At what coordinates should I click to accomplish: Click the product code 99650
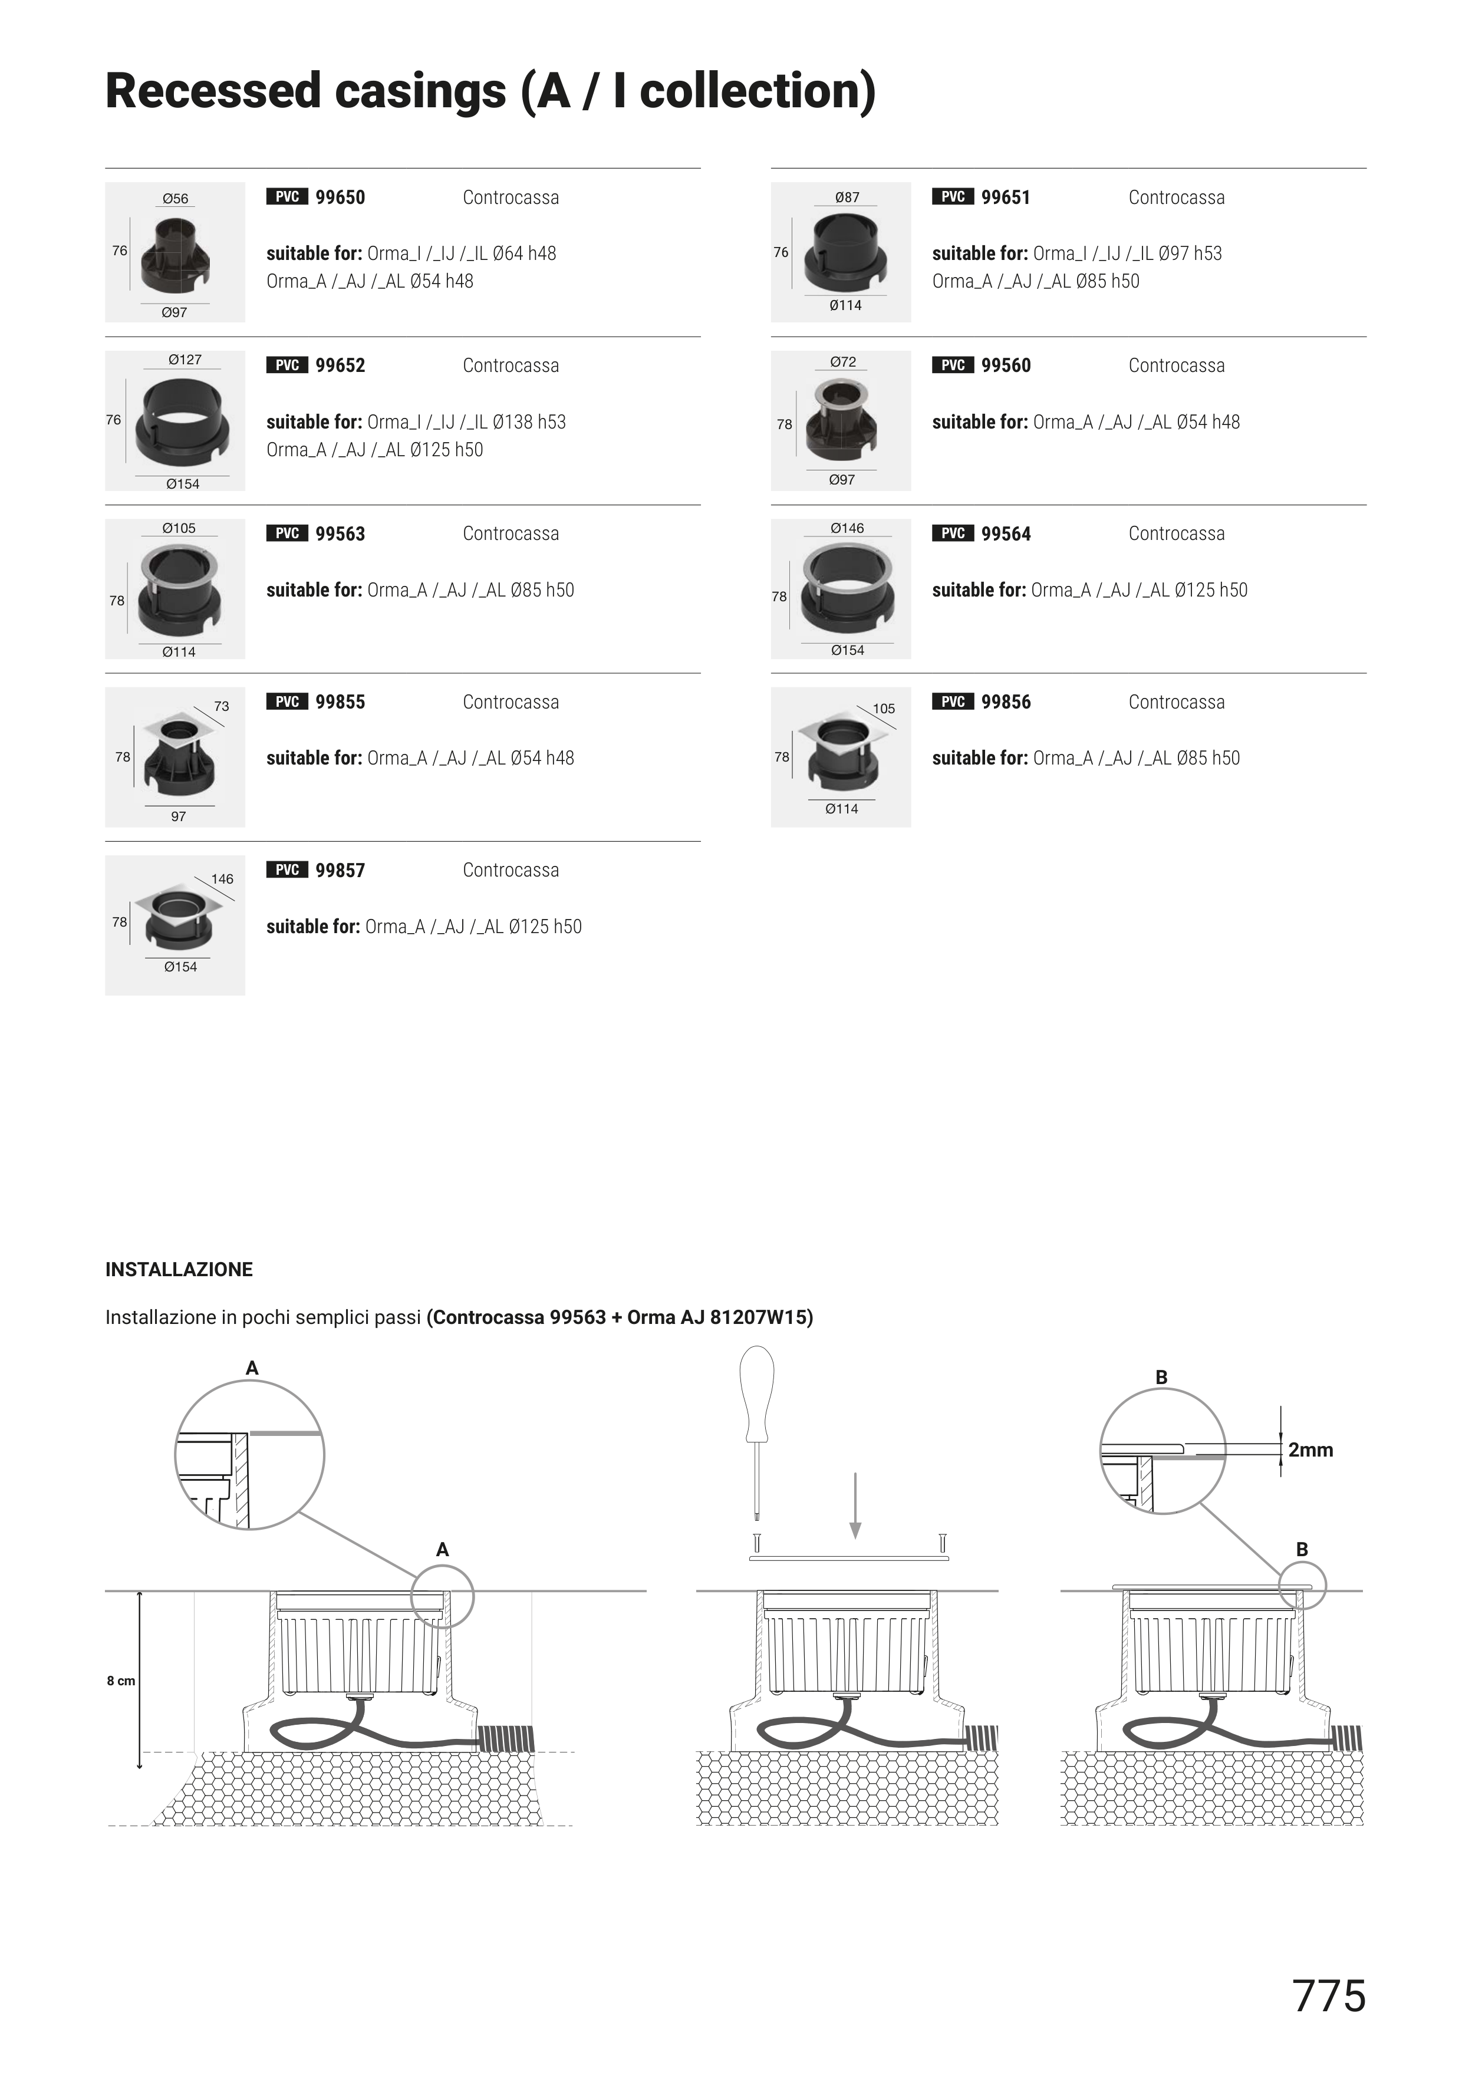pyautogui.click(x=340, y=197)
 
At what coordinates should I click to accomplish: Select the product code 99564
pyautogui.click(x=1006, y=534)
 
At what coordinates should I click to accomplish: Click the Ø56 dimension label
pyautogui.click(x=176, y=199)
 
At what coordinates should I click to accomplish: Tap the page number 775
pyautogui.click(x=1329, y=1996)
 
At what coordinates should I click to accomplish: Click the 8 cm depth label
pyautogui.click(x=121, y=1681)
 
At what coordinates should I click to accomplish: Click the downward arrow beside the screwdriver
pyautogui.click(x=854, y=1506)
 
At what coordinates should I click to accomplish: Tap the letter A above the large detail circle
pyautogui.click(x=252, y=1368)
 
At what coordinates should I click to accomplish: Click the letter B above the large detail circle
pyautogui.click(x=1161, y=1378)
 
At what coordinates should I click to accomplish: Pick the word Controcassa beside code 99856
pyautogui.click(x=1176, y=702)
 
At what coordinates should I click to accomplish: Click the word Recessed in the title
pyautogui.click(x=214, y=91)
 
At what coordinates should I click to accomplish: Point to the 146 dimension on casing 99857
pyautogui.click(x=222, y=879)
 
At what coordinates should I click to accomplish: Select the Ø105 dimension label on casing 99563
pyautogui.click(x=179, y=528)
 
